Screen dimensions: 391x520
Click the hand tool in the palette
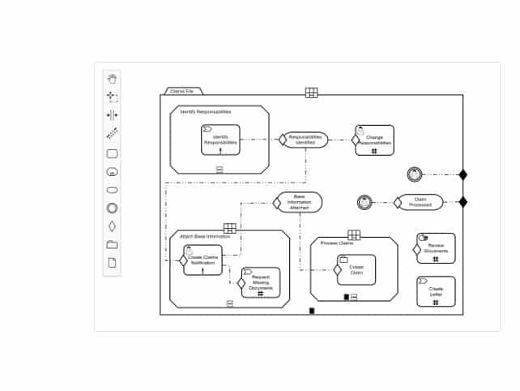[x=112, y=79]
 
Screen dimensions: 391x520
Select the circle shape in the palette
[x=112, y=208]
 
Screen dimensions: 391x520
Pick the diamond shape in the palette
[x=112, y=226]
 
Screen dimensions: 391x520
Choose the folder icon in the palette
[x=112, y=244]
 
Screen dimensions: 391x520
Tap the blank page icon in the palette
[x=112, y=262]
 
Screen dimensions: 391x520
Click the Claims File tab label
[x=181, y=92]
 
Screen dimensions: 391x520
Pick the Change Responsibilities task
[x=375, y=140]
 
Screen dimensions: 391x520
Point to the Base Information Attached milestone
[x=300, y=202]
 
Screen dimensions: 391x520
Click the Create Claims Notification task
[x=202, y=260]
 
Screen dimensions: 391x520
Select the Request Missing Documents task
[x=261, y=282]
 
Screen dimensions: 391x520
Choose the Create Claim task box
[x=356, y=269]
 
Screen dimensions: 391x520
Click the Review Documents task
[x=436, y=248]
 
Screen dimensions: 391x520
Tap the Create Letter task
[x=436, y=291]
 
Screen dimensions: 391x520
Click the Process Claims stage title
[x=336, y=243]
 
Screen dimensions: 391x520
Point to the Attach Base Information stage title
[x=205, y=236]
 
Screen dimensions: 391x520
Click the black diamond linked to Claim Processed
[x=463, y=202]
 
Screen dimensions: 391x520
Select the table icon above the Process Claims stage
[x=354, y=235]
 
